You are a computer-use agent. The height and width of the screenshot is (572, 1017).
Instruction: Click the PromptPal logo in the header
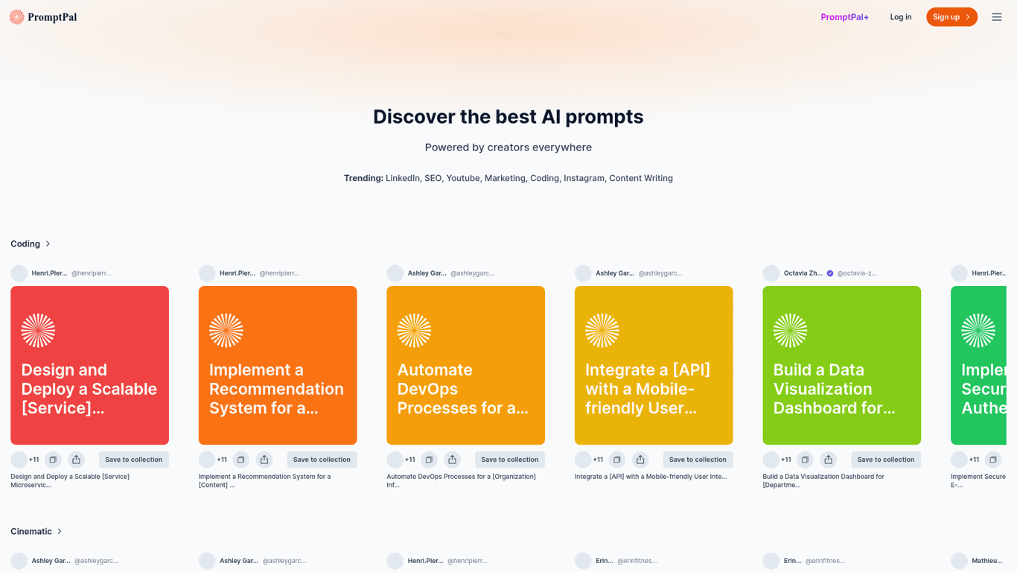[x=43, y=17]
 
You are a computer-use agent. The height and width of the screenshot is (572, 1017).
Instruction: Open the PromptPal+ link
[x=844, y=17]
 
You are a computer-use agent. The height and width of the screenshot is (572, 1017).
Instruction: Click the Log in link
[x=900, y=17]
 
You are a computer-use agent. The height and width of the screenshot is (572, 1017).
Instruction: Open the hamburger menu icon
[x=996, y=17]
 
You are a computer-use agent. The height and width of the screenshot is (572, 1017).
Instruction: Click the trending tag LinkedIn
[x=402, y=178]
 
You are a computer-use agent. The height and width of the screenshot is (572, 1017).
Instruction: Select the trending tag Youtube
[x=462, y=178]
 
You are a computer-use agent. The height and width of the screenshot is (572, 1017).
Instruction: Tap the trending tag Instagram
[x=584, y=178]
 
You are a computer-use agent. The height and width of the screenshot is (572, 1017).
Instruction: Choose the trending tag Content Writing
[x=640, y=178]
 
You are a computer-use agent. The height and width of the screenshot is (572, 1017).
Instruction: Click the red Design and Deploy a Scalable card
[x=89, y=365]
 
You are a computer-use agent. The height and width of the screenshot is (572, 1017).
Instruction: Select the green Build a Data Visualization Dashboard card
[x=841, y=365]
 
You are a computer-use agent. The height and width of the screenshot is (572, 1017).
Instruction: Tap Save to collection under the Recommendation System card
[x=322, y=460]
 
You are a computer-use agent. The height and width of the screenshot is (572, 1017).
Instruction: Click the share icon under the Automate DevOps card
[x=452, y=460]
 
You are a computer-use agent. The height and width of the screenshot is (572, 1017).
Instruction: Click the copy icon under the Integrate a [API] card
[x=616, y=460]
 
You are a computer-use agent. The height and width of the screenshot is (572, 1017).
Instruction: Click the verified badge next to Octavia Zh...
[x=830, y=273]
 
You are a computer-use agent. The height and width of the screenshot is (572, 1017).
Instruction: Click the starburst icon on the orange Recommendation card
[x=226, y=330]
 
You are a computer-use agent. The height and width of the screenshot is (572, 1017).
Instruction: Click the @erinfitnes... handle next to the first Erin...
[x=637, y=561]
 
